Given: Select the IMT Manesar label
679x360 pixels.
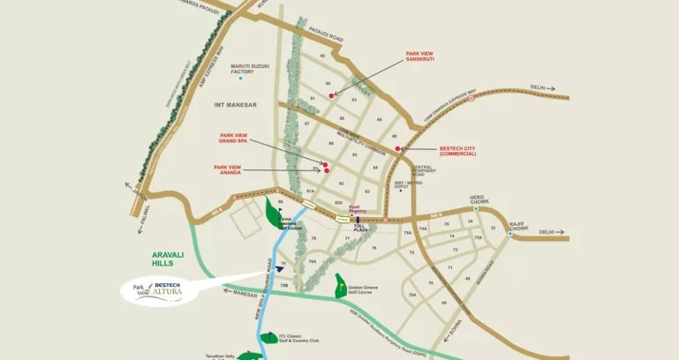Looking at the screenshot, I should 235,104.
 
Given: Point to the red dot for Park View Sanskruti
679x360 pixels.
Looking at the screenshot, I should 331,94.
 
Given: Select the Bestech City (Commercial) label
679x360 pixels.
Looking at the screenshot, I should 457,151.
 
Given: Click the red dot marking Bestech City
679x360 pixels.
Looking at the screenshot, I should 398,148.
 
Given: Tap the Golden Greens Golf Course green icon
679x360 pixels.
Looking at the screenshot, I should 339,284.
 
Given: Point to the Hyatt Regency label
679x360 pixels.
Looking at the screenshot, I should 358,211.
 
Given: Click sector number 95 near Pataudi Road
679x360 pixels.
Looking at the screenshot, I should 322,56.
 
